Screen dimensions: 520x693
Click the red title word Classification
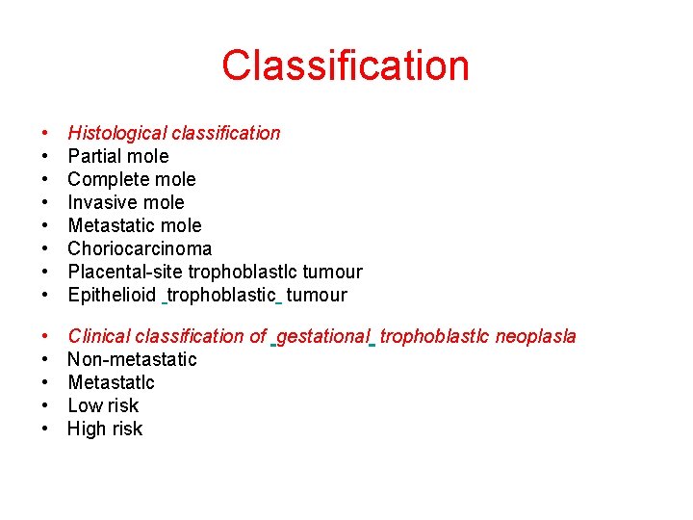(x=346, y=65)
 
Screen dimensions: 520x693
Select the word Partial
(x=96, y=156)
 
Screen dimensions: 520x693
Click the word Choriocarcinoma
(x=140, y=248)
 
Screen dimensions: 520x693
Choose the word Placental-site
(x=125, y=272)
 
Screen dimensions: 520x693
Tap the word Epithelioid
(x=112, y=295)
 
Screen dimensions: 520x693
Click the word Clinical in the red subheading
(x=99, y=336)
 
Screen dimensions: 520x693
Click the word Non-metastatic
(x=132, y=359)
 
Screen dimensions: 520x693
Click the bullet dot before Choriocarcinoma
(x=45, y=249)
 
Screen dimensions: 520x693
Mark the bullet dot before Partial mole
(x=45, y=157)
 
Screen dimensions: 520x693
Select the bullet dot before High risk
(x=45, y=429)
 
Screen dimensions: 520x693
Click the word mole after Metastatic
(x=181, y=225)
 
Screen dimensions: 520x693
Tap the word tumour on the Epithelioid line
(x=317, y=295)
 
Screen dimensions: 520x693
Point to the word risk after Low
(x=123, y=405)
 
